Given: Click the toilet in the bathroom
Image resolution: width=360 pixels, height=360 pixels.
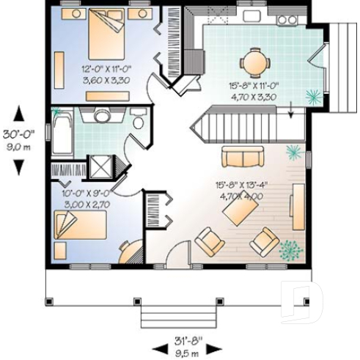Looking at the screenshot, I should [x=137, y=122].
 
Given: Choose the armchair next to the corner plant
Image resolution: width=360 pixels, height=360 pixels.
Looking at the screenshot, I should [x=263, y=240].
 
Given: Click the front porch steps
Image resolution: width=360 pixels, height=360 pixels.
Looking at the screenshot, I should [x=171, y=317].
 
